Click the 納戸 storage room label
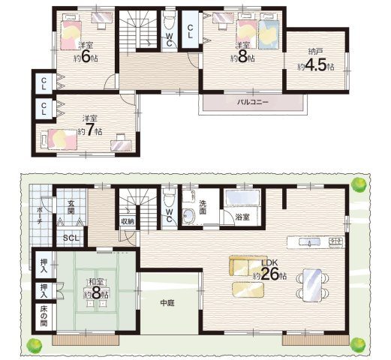coord(315,52)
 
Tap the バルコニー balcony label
coord(253,102)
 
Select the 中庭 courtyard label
coord(167,303)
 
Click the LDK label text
coord(269,262)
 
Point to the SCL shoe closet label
coord(71,238)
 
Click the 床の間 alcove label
coord(44,316)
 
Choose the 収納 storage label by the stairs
coord(128,221)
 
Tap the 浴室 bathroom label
coord(242,217)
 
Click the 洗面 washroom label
coord(203,207)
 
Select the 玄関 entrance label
coord(71,207)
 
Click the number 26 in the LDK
coord(270,274)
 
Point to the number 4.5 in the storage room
coord(315,65)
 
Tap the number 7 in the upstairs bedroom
coord(89,130)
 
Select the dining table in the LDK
coord(312,285)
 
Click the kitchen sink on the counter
coord(309,242)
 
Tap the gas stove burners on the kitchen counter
coord(335,241)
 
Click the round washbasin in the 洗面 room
coord(188,215)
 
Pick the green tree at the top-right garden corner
coord(359,185)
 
